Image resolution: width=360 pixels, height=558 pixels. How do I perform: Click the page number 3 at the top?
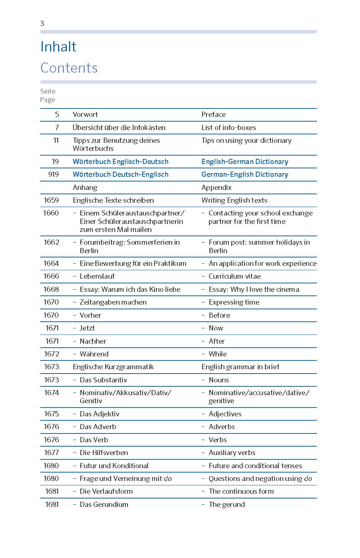[42, 23]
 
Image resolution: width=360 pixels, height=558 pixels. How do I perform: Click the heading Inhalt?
[58, 47]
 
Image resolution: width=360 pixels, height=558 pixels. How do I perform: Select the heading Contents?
[69, 68]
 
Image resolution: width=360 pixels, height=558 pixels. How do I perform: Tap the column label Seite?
[48, 91]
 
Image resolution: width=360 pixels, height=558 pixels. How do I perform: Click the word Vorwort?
[85, 114]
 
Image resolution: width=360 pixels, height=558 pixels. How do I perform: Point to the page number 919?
[53, 174]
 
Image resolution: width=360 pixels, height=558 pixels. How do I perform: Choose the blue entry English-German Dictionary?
[245, 161]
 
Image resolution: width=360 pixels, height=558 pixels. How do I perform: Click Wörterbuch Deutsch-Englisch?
[121, 174]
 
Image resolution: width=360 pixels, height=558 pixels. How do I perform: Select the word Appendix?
[216, 187]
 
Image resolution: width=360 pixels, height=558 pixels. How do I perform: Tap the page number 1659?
[51, 200]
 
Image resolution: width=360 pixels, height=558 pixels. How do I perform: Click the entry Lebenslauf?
[97, 276]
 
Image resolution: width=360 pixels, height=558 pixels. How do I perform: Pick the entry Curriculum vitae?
[234, 276]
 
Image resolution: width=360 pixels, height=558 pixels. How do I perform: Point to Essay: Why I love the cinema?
[254, 289]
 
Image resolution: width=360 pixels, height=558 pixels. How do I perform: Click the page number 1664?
[51, 263]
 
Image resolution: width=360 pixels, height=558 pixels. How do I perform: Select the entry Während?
[94, 354]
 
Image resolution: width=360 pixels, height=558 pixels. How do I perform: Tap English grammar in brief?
[240, 367]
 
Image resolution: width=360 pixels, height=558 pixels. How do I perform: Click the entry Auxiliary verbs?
[232, 452]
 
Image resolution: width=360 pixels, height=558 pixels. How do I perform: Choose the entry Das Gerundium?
[104, 504]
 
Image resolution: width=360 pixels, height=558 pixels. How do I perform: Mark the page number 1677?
[52, 452]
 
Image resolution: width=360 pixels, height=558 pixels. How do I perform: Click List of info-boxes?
[228, 127]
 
